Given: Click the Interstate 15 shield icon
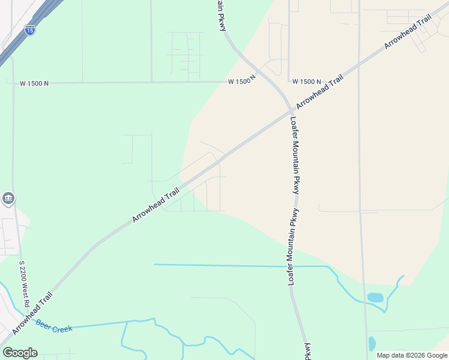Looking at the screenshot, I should click(29, 29).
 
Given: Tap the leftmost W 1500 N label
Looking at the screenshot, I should click(34, 83).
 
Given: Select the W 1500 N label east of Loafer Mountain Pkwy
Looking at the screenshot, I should click(307, 81).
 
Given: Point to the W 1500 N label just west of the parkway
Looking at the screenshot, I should click(242, 80).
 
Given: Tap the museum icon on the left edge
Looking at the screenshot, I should click(8, 198).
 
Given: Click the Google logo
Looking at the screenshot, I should click(20, 353).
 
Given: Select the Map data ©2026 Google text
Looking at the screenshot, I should click(412, 355).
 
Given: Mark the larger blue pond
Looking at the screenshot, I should click(375, 297).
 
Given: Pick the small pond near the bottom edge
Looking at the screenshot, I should click(372, 343).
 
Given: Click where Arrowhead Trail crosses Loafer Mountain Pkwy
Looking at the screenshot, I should click(291, 111).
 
